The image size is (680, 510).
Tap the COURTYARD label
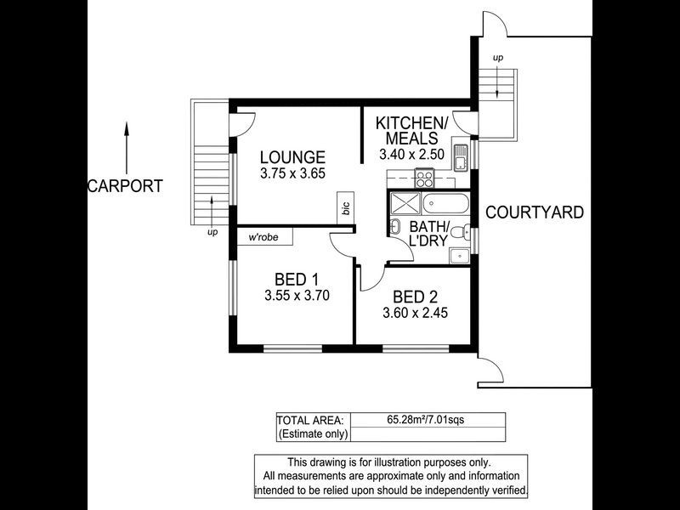point(535,212)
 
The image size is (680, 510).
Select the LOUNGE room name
point(292,157)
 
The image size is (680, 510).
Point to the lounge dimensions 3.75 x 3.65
point(292,173)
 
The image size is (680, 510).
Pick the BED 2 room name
point(415,297)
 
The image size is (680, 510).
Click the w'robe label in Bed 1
point(265,238)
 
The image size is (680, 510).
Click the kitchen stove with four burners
point(424,178)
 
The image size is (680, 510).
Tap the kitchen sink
point(459,157)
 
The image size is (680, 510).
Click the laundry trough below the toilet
point(459,254)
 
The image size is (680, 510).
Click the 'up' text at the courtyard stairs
point(497,57)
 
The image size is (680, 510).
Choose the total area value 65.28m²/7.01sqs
point(428,419)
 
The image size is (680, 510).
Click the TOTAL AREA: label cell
point(311,419)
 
